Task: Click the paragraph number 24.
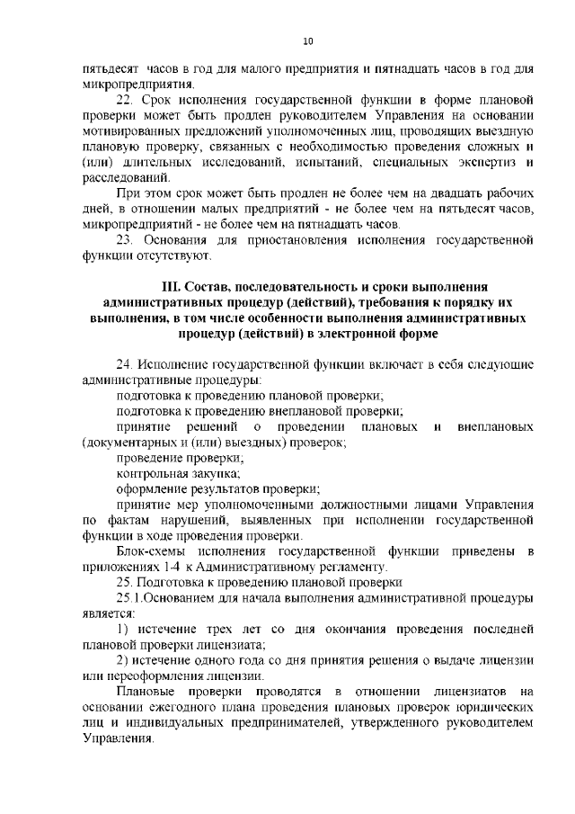point(125,364)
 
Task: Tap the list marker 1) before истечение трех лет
point(125,627)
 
